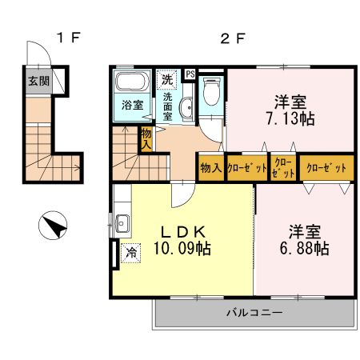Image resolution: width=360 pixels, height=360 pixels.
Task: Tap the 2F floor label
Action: tap(231, 36)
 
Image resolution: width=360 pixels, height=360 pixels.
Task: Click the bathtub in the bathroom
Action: tap(130, 83)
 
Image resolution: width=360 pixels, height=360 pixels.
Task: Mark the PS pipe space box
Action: tap(190, 74)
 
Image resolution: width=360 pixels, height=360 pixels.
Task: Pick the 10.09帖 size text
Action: tap(183, 249)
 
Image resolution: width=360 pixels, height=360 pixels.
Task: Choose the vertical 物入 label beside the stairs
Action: tap(146, 139)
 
